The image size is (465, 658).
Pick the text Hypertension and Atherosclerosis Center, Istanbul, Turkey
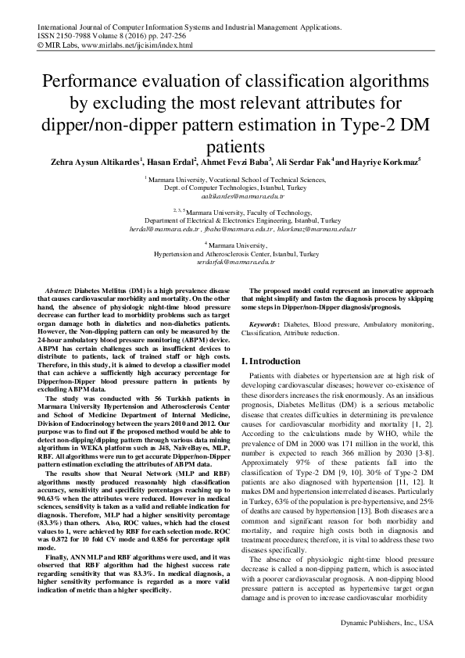coord(232,255)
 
